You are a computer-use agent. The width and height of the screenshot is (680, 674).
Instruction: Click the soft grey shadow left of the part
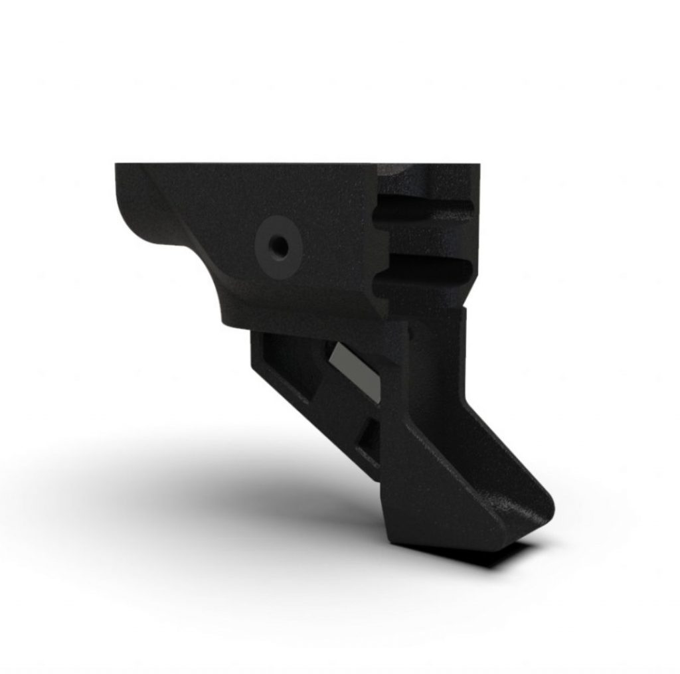tap(166, 478)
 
